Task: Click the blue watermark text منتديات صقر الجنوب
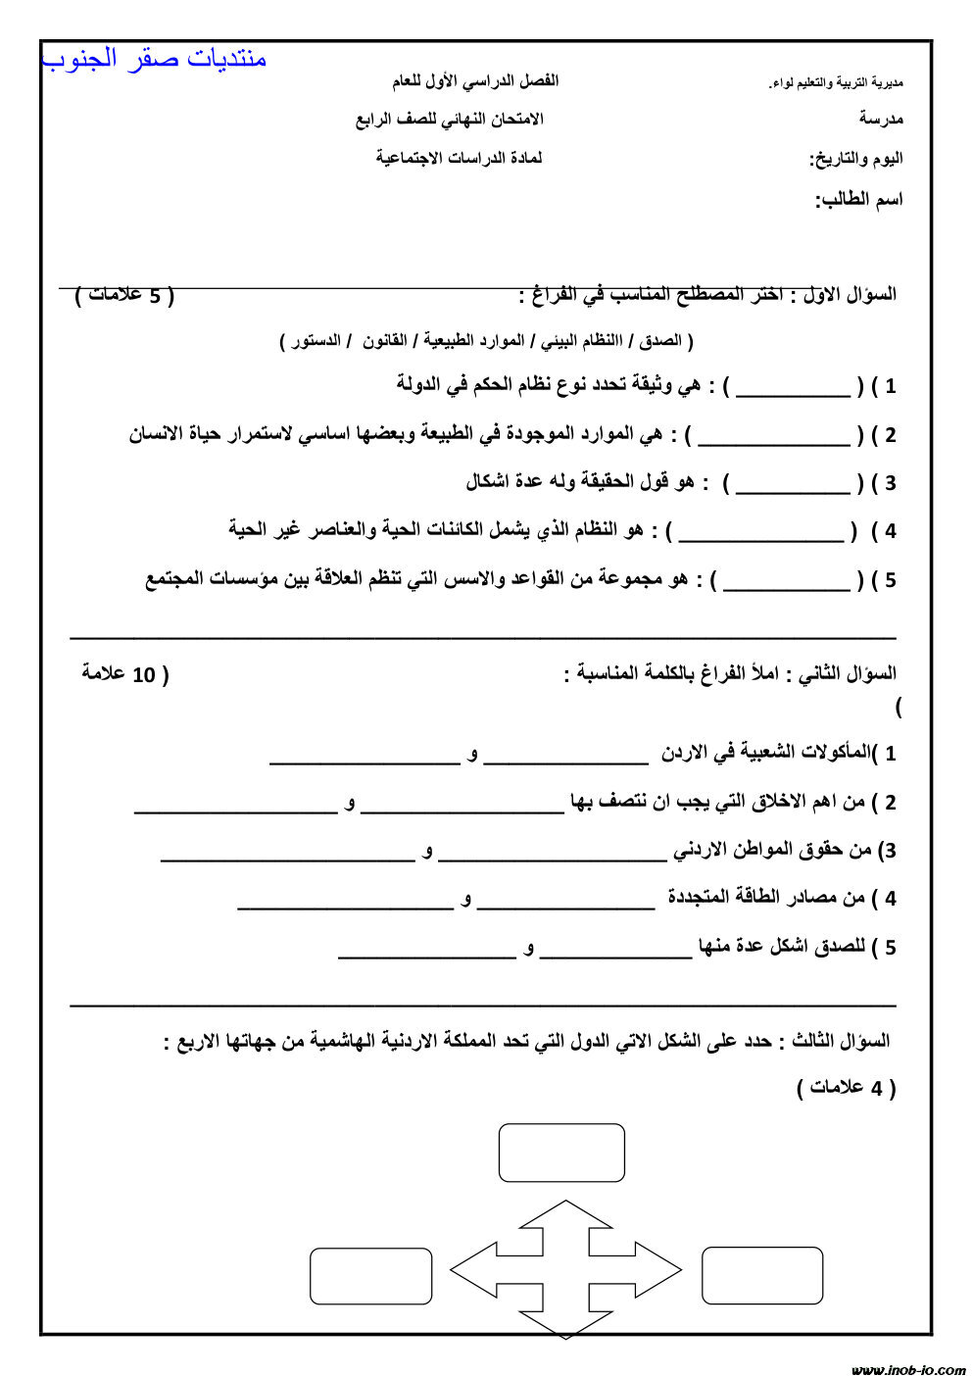point(155,59)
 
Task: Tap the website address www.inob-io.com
point(907,1369)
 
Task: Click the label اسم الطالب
point(859,200)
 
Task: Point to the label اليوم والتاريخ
point(855,159)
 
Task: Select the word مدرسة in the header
point(881,119)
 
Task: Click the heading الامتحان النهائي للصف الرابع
point(449,119)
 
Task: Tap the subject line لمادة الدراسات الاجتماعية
point(459,158)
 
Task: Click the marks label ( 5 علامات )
point(124,294)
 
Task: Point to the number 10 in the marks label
point(143,675)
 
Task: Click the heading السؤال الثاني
point(848,673)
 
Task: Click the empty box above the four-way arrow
point(561,1153)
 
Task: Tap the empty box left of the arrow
point(370,1276)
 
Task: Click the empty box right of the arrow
point(761,1275)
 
